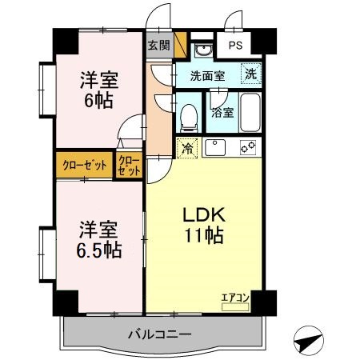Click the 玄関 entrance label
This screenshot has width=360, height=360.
coord(158,46)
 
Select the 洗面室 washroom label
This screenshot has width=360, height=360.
coord(206,76)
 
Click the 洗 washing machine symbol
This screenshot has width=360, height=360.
coord(251,73)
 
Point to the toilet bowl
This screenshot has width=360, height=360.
coord(190,117)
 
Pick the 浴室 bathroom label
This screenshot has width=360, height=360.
coord(223,112)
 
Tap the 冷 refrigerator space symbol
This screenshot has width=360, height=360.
coord(186,148)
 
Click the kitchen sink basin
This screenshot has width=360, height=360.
coord(216,148)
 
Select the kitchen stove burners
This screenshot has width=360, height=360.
coord(246,148)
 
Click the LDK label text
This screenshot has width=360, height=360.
coord(203,214)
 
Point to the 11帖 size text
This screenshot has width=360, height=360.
coord(203,236)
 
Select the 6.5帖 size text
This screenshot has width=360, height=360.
coord(100,250)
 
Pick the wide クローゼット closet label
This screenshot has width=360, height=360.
coord(84,166)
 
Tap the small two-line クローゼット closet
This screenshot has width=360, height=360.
coord(129,166)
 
